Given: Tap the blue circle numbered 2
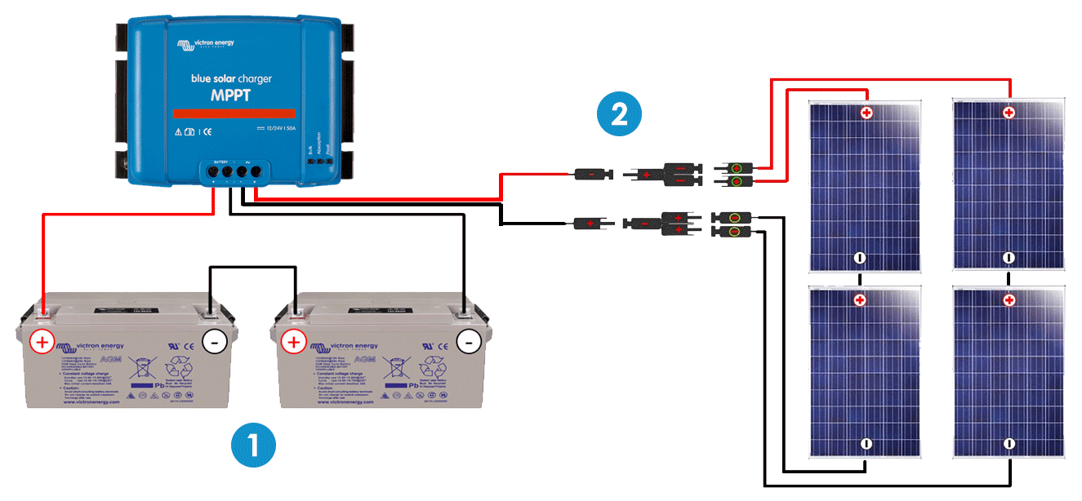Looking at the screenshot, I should tap(620, 113).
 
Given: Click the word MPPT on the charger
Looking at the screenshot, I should tap(231, 95).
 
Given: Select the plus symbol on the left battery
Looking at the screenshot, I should tap(42, 341).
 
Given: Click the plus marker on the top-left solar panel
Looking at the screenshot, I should tap(866, 113).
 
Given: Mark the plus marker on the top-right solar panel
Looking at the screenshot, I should tap(1009, 113).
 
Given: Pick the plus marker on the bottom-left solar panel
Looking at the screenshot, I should tap(859, 301).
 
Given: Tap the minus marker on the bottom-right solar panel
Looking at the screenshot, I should tap(1009, 444).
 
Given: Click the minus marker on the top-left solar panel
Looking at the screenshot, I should tap(859, 258).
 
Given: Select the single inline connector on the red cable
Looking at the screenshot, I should tap(589, 174).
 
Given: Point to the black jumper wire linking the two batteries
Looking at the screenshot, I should tap(252, 267).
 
